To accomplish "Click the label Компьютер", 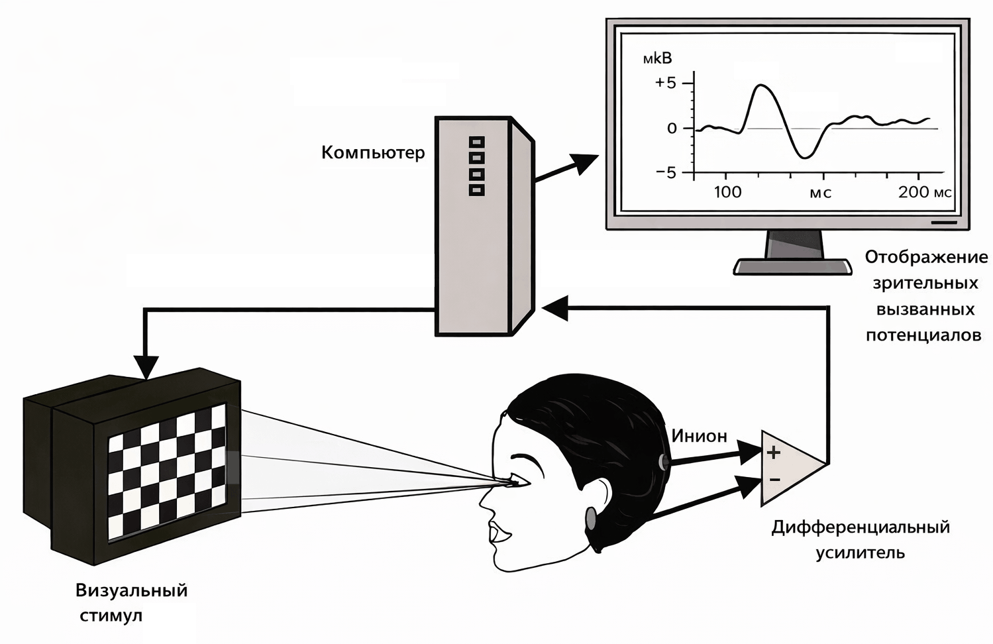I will (x=373, y=153).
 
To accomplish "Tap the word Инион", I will (x=699, y=436).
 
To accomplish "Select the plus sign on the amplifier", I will (x=774, y=453).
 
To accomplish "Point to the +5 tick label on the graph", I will (x=665, y=83).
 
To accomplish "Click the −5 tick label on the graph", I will (x=665, y=173).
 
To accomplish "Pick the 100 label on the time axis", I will (x=727, y=193).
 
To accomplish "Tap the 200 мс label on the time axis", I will (x=925, y=193).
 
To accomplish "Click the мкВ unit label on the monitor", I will (x=657, y=58).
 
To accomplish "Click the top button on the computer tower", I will (x=476, y=142).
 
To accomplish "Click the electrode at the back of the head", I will (x=662, y=460).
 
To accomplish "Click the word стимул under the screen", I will (x=111, y=616).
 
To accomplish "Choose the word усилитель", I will (x=860, y=553).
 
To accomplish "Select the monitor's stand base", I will (x=792, y=266).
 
